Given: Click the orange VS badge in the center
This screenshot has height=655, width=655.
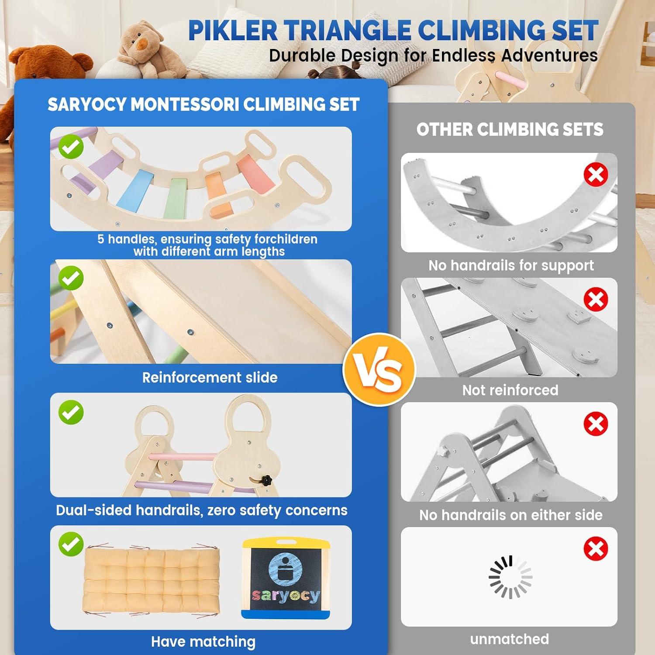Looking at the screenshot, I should point(379,369).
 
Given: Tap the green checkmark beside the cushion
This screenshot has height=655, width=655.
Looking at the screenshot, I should point(71,544).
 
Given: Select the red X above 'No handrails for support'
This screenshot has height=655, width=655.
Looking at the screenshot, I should point(596,175).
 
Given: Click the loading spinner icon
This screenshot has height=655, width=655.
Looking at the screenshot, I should point(510,577).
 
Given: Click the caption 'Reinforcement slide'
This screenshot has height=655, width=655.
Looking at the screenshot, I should point(210,378).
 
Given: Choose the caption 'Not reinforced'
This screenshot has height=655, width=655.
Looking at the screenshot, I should point(510,390).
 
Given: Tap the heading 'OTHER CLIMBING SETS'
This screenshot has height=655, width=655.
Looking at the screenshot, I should point(510,129).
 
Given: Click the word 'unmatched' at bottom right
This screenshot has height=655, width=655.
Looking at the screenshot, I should point(509,639).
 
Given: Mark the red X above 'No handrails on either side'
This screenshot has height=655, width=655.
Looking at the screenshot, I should point(596,424).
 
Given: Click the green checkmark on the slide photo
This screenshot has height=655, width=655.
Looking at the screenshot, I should point(71,278).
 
